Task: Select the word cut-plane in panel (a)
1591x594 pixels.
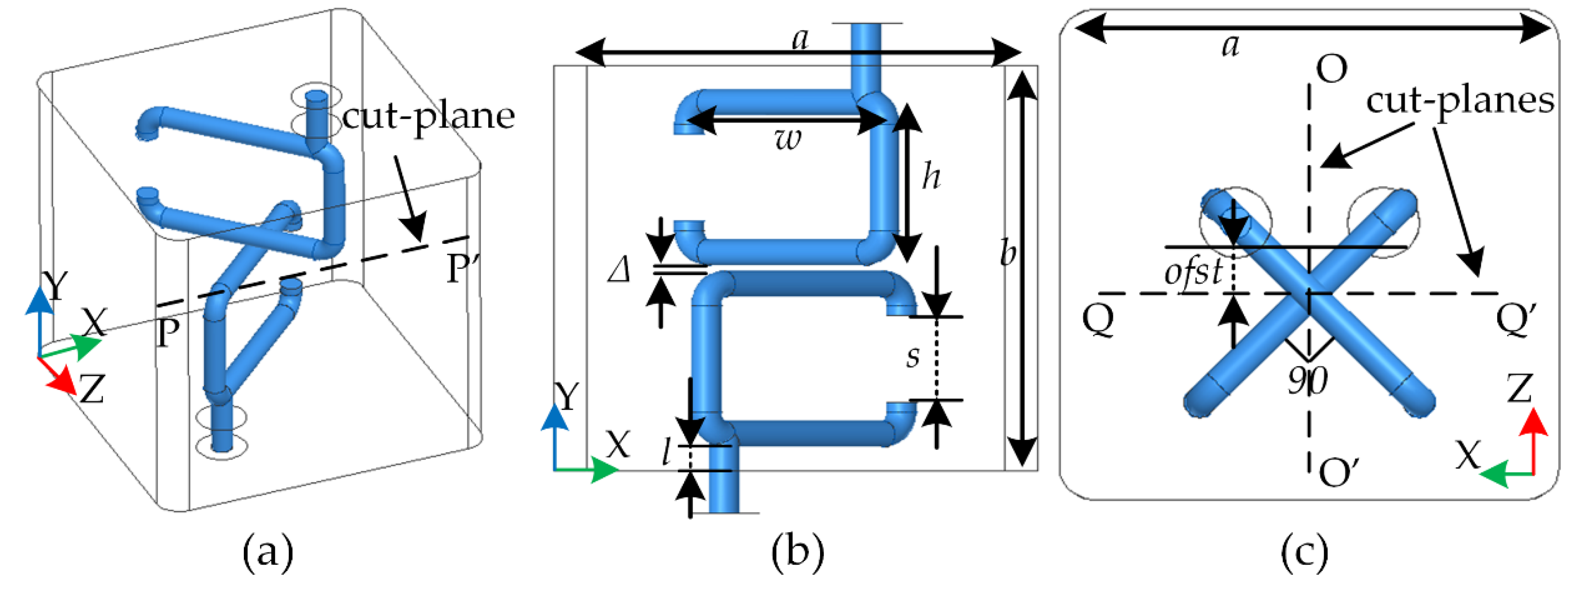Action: coord(428,117)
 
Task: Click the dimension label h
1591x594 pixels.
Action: coord(931,177)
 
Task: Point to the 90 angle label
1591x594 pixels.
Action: coord(1307,381)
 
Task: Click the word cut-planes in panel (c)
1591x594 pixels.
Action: coord(1459,100)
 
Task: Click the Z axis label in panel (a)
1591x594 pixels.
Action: coord(92,390)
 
